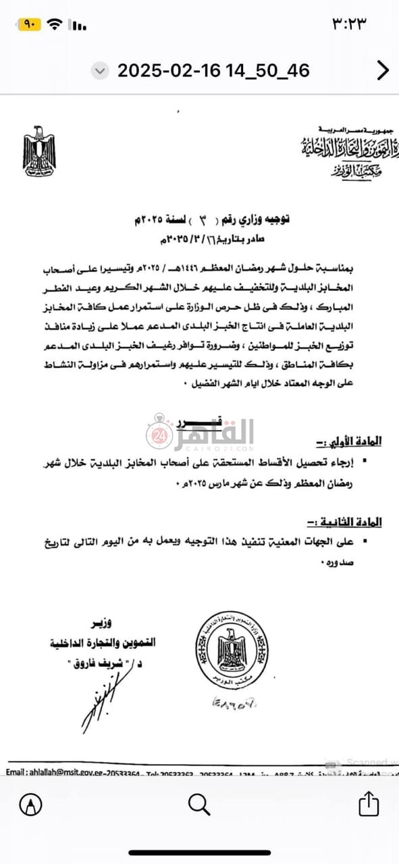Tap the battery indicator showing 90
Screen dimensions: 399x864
pyautogui.click(x=30, y=24)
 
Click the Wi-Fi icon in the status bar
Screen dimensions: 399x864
pyautogui.click(x=55, y=24)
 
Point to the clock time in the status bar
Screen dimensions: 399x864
pyautogui.click(x=348, y=24)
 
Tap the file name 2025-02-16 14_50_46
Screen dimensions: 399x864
pyautogui.click(x=213, y=70)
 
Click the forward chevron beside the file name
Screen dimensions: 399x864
pyautogui.click(x=382, y=70)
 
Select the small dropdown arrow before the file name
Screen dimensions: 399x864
pyautogui.click(x=100, y=70)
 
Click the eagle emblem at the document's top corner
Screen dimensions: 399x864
pyautogui.click(x=39, y=151)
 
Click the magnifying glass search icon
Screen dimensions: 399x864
pyautogui.click(x=199, y=804)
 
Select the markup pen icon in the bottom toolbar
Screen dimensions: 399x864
pyautogui.click(x=31, y=804)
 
